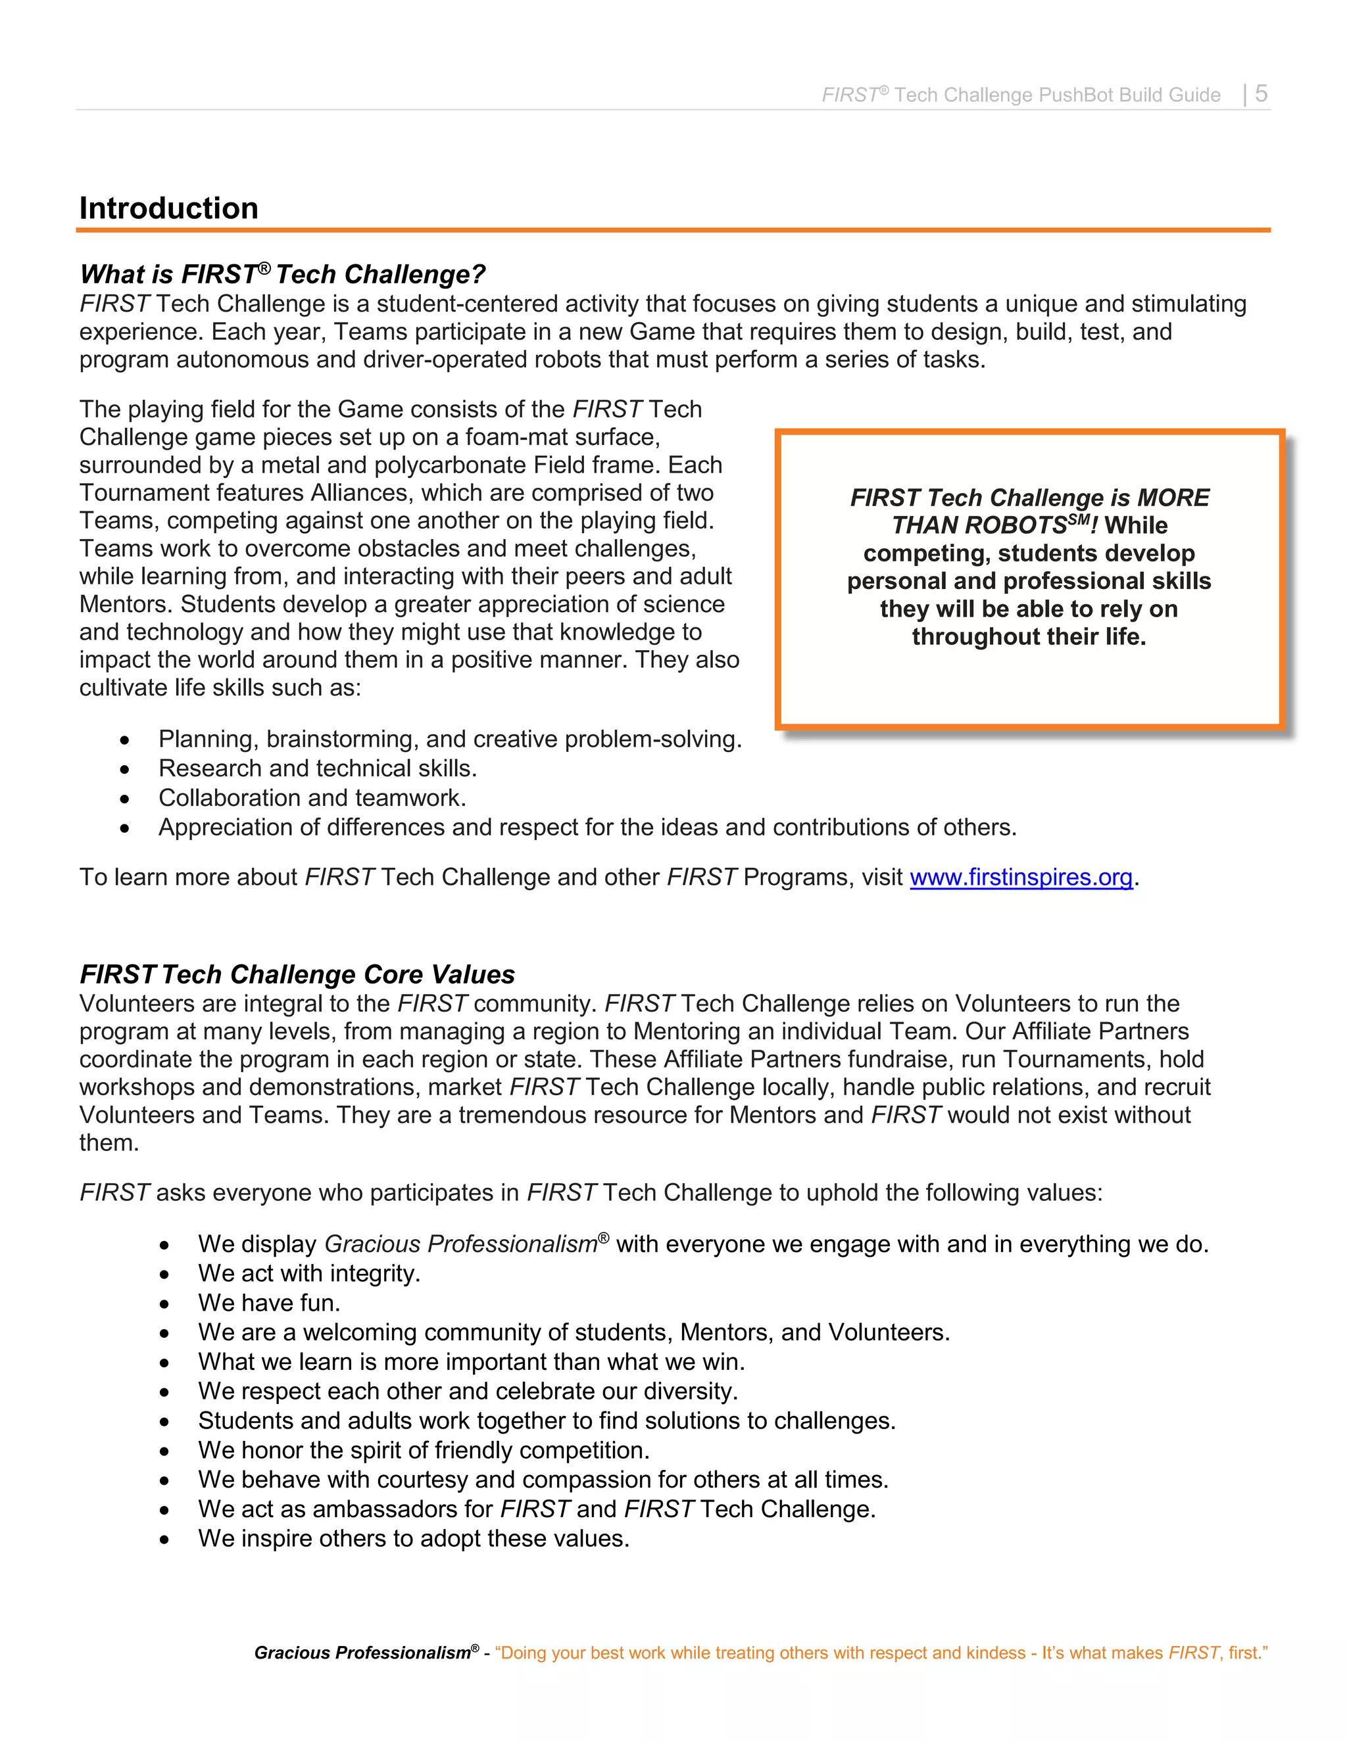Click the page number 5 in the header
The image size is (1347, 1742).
click(x=1261, y=93)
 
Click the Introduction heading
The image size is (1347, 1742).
click(x=168, y=208)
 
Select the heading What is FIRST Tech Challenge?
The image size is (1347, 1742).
click(x=282, y=274)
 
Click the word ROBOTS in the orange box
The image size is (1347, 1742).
click(x=1015, y=526)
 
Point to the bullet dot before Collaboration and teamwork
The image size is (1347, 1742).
click(x=124, y=799)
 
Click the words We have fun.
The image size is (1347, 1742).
click(x=269, y=1302)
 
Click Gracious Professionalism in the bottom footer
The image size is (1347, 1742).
click(x=363, y=1653)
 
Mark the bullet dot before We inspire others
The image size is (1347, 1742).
click(x=164, y=1540)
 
